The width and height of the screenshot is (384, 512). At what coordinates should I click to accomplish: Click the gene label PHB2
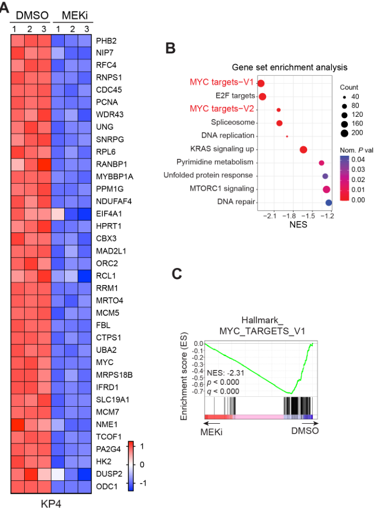(106, 41)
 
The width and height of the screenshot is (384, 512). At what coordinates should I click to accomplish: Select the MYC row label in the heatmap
(104, 362)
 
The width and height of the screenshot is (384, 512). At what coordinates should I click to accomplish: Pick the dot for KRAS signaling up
(303, 149)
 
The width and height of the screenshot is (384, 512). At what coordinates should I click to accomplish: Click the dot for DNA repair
(329, 203)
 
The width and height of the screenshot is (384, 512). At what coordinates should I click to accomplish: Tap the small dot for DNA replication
(287, 136)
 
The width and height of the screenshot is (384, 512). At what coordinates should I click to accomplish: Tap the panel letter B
(171, 48)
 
